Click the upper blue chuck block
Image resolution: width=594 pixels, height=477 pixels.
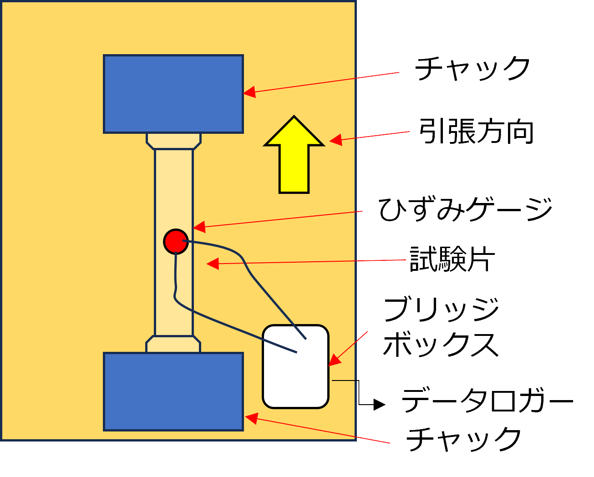click(x=173, y=94)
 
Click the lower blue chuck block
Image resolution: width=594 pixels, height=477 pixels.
click(x=173, y=391)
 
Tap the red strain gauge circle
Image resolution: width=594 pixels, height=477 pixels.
click(x=176, y=241)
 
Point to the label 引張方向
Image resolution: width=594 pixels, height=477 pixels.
click(x=476, y=132)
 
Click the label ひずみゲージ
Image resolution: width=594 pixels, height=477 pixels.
click(x=465, y=210)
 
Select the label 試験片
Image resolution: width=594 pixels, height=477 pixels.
click(x=452, y=260)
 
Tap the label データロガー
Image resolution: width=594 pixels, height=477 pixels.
click(x=487, y=401)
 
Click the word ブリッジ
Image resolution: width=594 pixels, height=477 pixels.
click(x=441, y=310)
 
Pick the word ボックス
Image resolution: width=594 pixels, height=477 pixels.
click(x=441, y=345)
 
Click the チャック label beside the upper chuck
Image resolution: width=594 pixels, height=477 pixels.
click(x=472, y=69)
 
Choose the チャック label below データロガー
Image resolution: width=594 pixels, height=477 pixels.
click(x=463, y=439)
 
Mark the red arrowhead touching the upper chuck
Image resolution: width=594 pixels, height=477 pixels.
click(x=249, y=92)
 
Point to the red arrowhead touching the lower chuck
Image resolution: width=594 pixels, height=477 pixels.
click(x=251, y=418)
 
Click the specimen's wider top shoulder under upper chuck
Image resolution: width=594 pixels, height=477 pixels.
click(x=173, y=141)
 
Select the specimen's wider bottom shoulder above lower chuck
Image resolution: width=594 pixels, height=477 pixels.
click(x=173, y=345)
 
